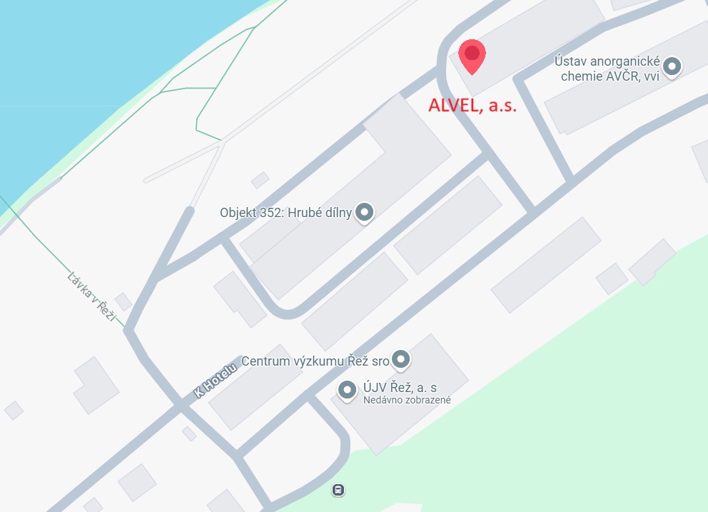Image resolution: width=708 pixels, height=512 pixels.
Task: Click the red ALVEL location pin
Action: pos(472,54)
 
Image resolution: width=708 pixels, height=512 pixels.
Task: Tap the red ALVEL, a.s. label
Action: pos(472,106)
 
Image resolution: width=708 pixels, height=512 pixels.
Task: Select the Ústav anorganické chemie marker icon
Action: pos(672,67)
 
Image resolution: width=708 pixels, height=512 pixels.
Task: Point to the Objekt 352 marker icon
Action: pos(365,212)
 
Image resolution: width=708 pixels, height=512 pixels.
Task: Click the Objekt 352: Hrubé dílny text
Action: pos(285,213)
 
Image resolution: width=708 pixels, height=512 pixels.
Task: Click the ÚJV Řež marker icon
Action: pos(347,390)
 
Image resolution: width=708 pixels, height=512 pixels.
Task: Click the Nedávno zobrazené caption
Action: pos(406,401)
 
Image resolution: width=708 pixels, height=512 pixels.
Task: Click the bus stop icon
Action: pos(338,491)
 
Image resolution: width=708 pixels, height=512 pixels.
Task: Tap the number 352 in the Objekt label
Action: pos(272,213)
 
